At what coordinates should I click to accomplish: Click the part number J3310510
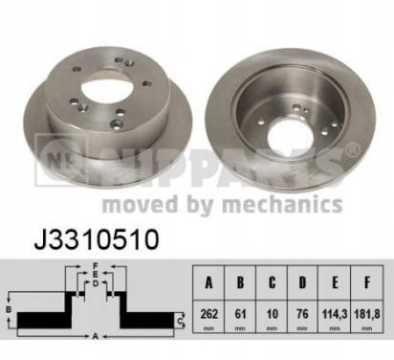(97, 239)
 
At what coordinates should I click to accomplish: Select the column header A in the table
(208, 282)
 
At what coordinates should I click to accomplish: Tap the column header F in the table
(367, 282)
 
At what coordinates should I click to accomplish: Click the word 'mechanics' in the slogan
(282, 204)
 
